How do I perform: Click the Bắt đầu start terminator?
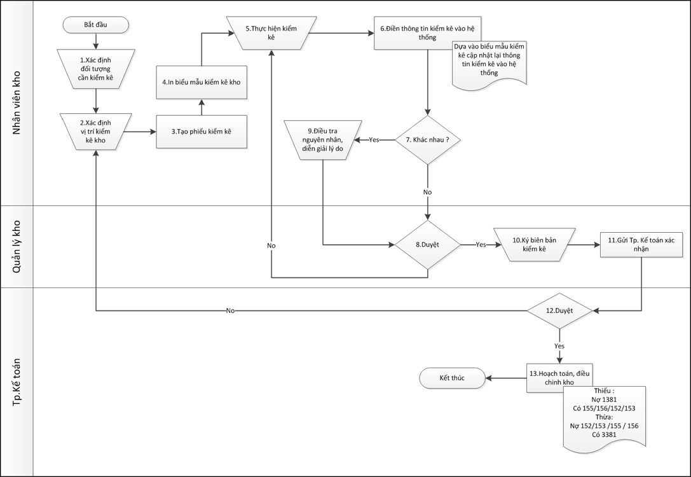(x=96, y=25)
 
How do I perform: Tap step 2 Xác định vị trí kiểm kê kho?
(x=95, y=131)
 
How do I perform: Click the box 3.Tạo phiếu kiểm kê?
(x=201, y=131)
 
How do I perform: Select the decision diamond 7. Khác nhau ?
(x=428, y=139)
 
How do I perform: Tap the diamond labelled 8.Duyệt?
(x=428, y=244)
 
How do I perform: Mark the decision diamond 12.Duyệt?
(x=559, y=310)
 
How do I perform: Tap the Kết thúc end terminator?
(x=452, y=378)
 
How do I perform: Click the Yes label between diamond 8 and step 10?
(x=481, y=244)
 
